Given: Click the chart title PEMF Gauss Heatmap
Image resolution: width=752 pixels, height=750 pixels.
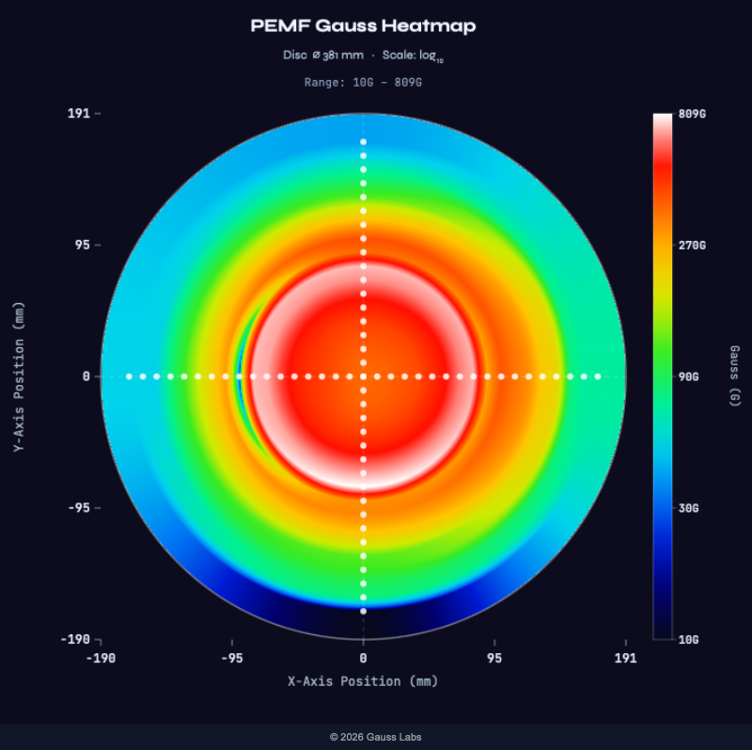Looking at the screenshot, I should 363,26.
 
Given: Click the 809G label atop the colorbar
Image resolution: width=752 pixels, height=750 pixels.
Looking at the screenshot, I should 691,114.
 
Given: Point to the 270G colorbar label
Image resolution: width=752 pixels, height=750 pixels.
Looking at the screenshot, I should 691,246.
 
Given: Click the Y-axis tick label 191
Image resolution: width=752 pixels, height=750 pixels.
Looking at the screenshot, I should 78,113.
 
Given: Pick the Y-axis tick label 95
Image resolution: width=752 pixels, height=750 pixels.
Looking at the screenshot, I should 82,245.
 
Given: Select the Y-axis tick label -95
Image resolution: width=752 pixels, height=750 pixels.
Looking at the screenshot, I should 78,508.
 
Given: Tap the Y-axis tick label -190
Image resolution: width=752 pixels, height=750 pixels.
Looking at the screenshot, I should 74,640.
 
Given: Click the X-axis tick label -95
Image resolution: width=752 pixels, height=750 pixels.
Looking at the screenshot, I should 231,658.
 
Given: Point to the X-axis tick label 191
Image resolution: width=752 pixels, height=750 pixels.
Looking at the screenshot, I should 625,658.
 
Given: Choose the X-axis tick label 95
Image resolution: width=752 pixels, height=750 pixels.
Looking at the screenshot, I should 494,658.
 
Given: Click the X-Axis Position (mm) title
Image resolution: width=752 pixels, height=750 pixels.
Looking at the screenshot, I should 363,681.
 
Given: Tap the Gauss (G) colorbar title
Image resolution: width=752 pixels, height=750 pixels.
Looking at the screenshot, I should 734,376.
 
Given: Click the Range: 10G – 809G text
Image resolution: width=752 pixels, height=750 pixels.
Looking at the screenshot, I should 363,83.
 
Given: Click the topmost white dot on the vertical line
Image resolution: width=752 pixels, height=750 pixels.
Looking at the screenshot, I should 363,142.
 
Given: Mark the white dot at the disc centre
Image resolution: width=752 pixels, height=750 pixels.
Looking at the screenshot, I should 363,376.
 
